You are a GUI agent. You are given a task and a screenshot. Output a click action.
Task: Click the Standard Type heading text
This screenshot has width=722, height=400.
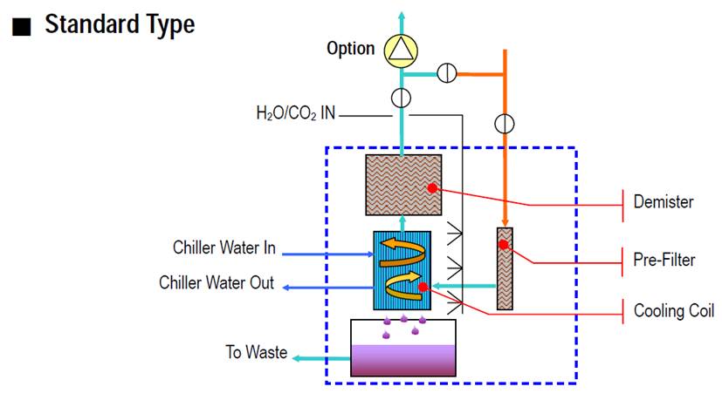click(120, 24)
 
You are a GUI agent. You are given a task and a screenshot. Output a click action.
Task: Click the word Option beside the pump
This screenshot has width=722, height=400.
click(350, 49)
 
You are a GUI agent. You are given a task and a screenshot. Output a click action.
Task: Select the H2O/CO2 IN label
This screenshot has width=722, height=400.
click(295, 113)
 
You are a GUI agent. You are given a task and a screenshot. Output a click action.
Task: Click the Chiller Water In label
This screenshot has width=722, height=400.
click(224, 248)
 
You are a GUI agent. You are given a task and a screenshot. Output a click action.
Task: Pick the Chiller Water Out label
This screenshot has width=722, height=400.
click(217, 282)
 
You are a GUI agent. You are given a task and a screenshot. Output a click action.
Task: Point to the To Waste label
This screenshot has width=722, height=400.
click(256, 352)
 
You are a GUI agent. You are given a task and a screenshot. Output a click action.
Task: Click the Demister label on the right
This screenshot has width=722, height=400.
click(664, 202)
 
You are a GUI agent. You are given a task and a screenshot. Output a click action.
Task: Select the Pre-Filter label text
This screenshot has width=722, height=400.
click(664, 259)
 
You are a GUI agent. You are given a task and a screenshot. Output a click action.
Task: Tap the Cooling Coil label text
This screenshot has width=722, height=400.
click(674, 311)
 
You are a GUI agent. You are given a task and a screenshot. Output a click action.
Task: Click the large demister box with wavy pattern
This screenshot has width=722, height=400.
click(402, 185)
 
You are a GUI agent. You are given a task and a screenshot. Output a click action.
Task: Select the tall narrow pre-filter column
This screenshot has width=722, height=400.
click(504, 268)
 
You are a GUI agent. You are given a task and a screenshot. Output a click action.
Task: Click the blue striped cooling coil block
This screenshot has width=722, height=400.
click(402, 270)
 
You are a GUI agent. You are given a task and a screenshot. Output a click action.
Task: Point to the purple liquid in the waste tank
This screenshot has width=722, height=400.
click(402, 359)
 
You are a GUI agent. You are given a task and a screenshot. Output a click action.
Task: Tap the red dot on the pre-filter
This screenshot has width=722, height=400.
click(504, 245)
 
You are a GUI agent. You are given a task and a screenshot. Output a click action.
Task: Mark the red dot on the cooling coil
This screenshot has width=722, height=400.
click(423, 286)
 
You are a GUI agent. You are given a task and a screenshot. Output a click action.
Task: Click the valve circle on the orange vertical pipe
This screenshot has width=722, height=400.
click(504, 121)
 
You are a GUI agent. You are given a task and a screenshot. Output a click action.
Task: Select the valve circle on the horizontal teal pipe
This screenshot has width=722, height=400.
click(446, 74)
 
